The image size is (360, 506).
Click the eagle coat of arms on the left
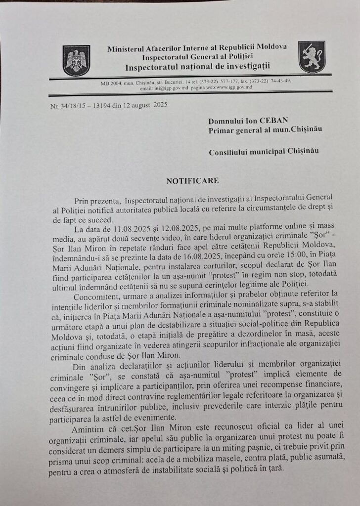pos(76,60)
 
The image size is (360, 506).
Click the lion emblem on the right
pos(312,57)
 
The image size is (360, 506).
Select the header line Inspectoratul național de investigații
pos(196,67)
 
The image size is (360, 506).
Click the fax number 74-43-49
pos(279,81)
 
